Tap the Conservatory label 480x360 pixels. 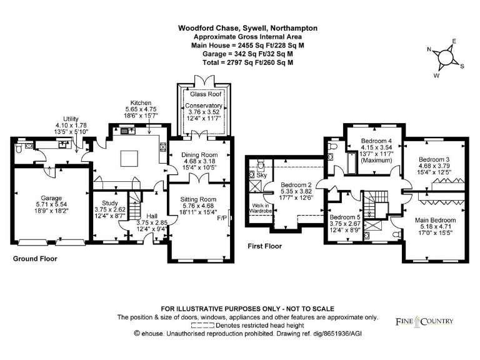[203, 106]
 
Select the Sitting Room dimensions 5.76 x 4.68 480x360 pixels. [199, 205]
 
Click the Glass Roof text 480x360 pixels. [203, 94]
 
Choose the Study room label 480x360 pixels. [109, 202]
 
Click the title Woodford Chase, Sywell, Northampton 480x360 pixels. [247, 28]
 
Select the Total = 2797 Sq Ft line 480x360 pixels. [247, 62]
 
